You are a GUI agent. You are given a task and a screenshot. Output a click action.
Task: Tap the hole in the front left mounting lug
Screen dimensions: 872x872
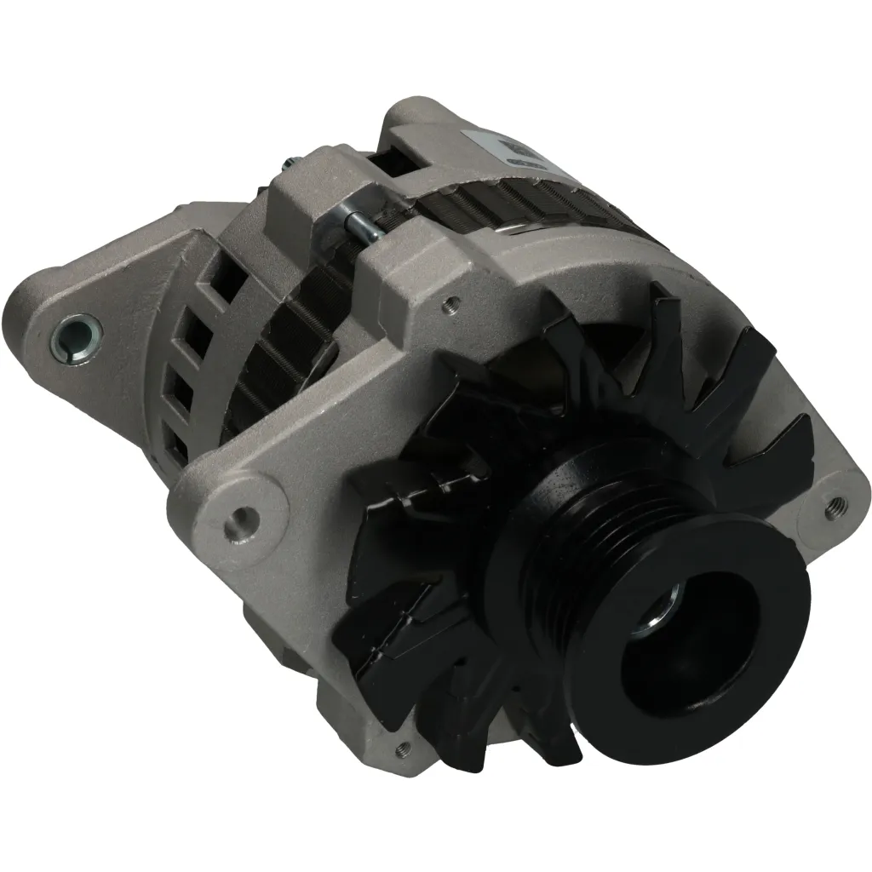click(x=244, y=516)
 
